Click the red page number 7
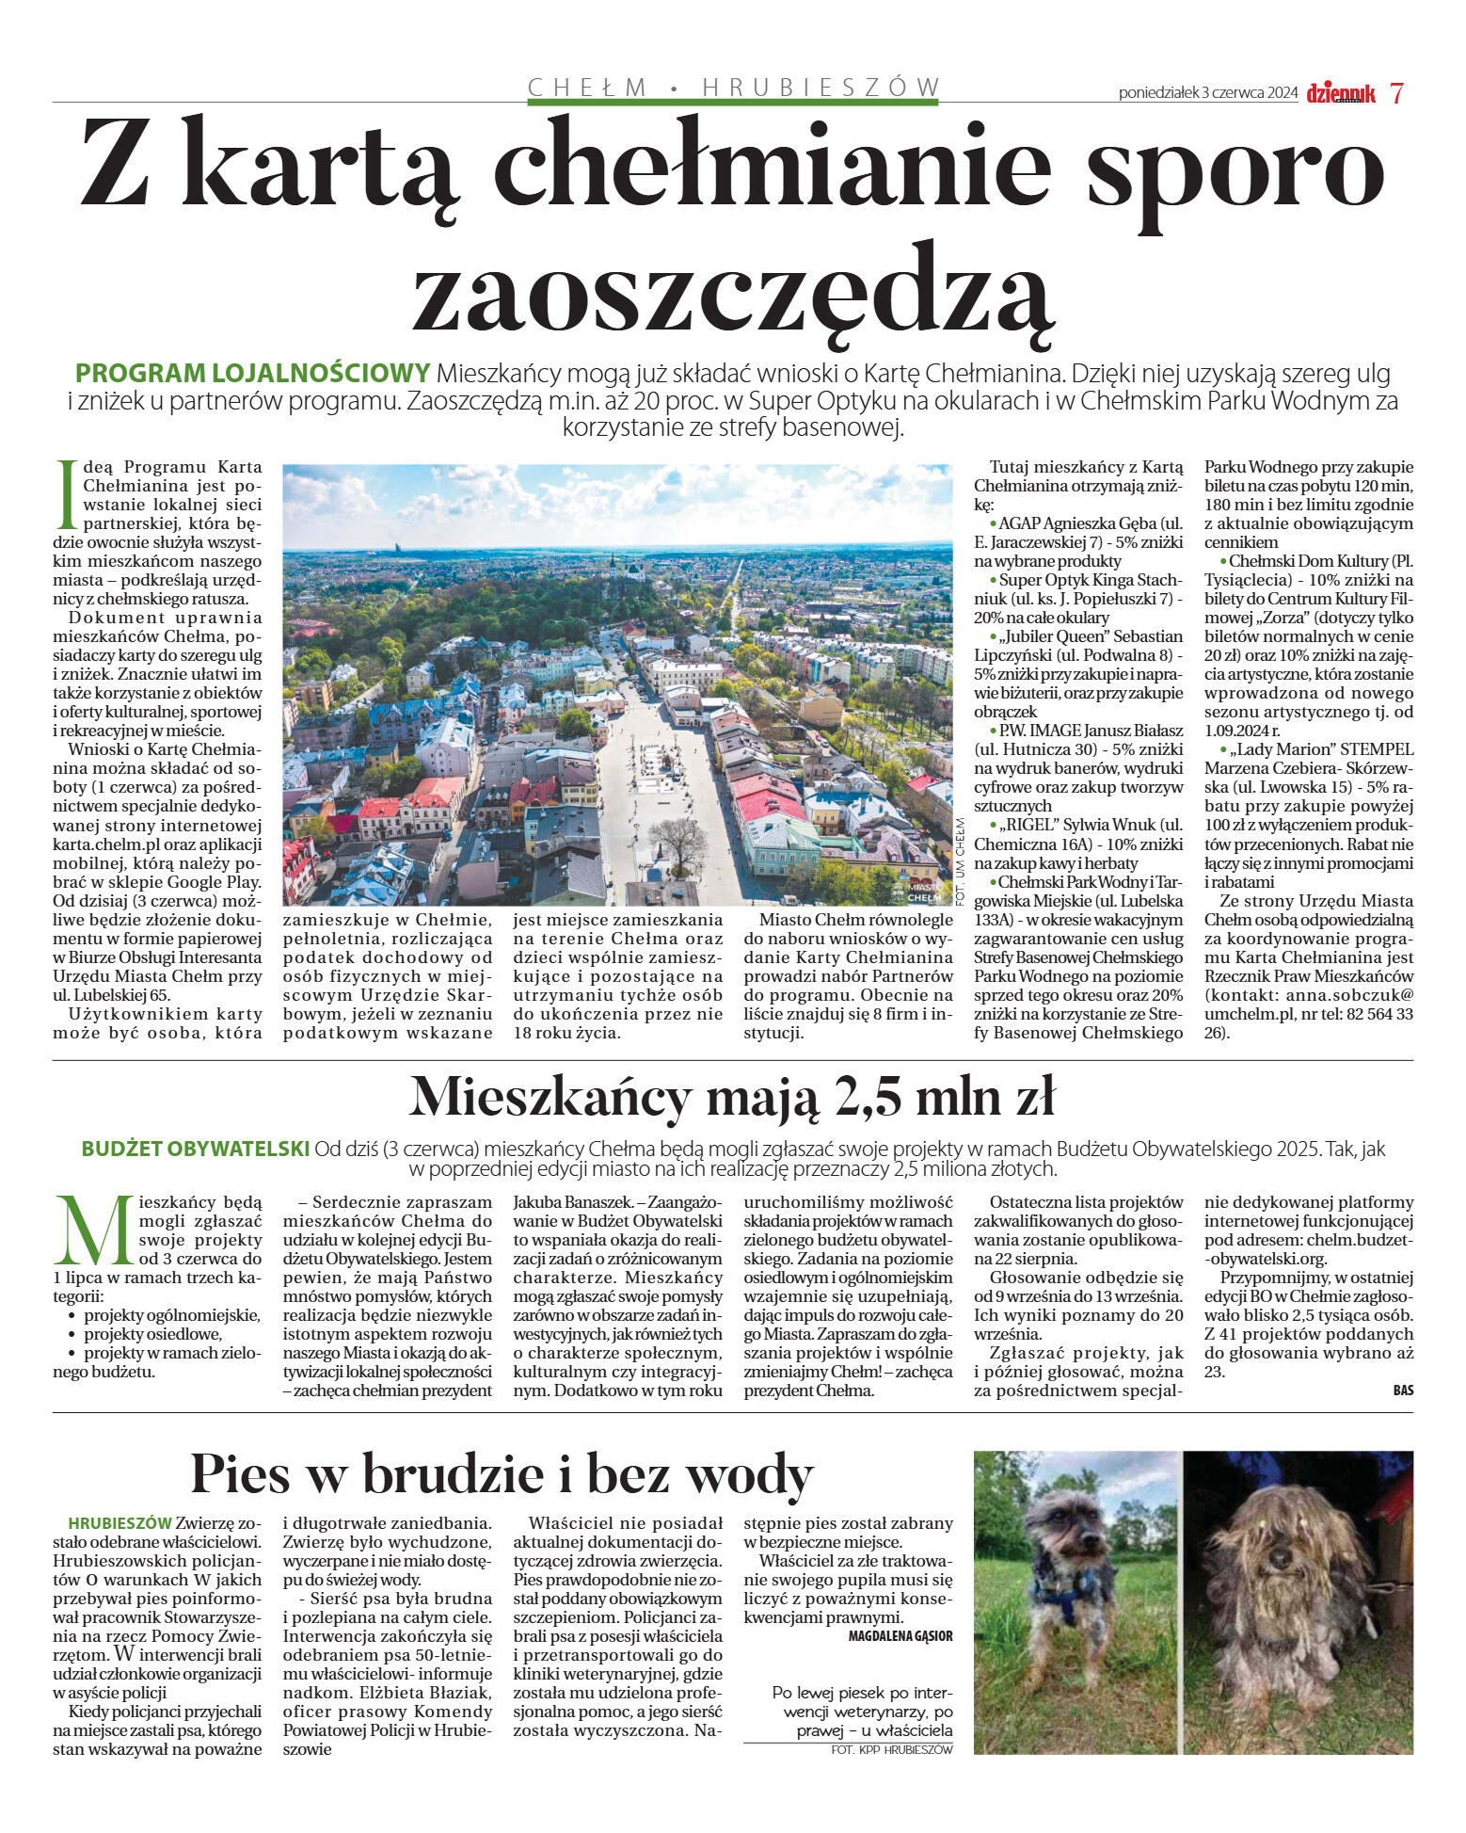pos(1396,93)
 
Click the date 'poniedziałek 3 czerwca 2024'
pos(1207,93)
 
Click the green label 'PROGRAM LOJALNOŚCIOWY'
pos(252,372)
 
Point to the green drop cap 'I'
pos(65,494)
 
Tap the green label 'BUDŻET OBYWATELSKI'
pos(196,1150)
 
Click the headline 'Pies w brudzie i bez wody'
pos(501,1473)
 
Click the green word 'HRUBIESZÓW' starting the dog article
pos(120,1523)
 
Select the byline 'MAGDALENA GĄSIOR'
pos(900,1636)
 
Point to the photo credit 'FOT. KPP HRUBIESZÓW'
pos(891,1749)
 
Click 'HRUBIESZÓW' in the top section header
pos(821,88)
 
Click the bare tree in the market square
pos(677,843)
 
